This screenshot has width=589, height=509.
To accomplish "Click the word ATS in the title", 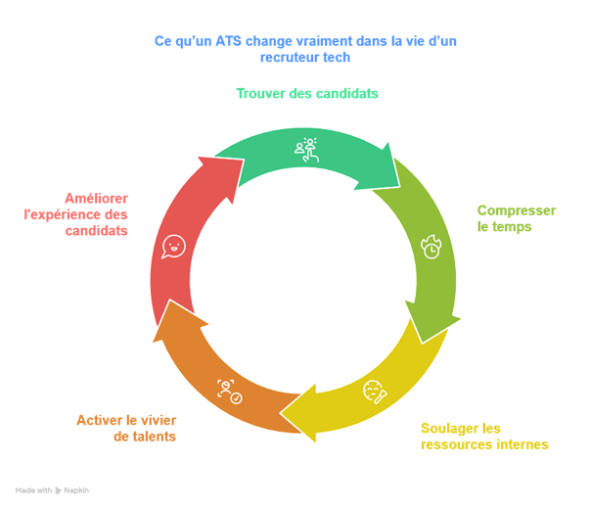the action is [228, 40].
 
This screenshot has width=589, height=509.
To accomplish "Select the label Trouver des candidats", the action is [307, 93].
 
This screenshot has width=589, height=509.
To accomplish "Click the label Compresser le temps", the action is [517, 218].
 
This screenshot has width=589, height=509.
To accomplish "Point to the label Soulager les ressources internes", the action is [484, 437].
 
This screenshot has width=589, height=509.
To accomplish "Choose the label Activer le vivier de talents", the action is [126, 428].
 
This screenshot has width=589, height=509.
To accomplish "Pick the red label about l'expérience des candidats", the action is [76, 214].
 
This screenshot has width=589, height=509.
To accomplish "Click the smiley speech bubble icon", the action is [173, 247].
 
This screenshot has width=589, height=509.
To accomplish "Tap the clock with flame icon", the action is [431, 247].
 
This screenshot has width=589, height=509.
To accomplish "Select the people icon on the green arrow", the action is [306, 150].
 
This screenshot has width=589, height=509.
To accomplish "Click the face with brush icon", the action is [375, 392].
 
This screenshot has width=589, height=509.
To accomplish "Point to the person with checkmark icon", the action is [230, 392].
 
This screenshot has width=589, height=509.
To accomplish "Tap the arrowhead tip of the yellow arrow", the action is [280, 413].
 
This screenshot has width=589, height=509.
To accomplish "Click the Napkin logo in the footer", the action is [58, 490].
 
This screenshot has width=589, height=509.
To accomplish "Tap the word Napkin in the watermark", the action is [76, 490].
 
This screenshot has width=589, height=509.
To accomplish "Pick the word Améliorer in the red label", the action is [96, 198].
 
